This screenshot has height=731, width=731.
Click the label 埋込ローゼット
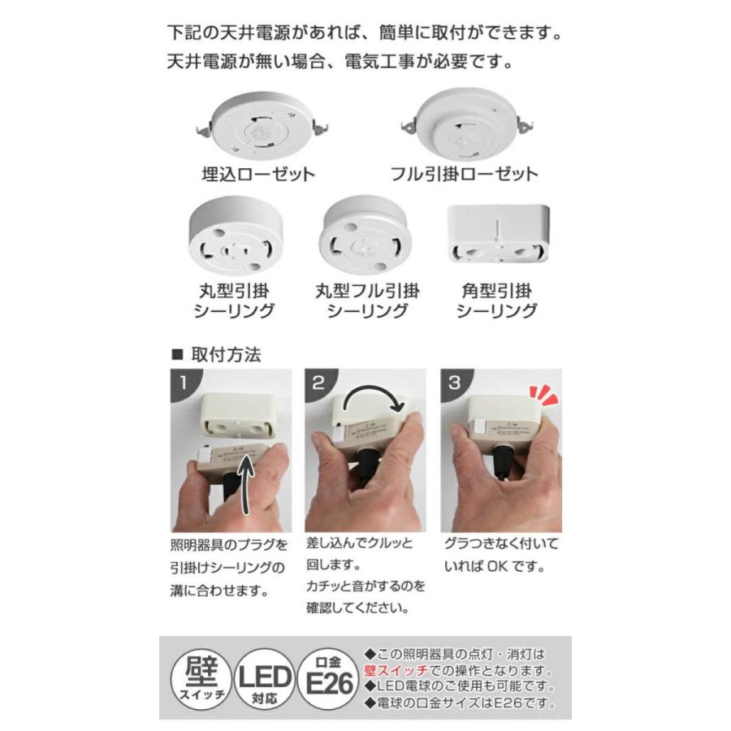pos(257,175)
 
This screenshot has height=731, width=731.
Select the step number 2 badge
pos(318,382)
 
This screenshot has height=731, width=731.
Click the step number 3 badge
pos(452,382)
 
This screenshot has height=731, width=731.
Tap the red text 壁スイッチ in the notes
pos(392,672)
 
